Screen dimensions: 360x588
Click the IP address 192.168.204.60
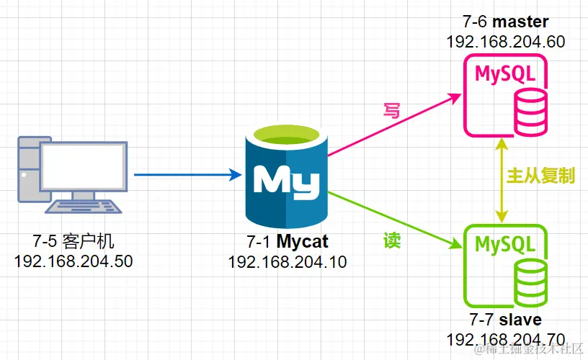pos(505,42)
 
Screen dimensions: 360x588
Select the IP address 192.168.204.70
pos(505,338)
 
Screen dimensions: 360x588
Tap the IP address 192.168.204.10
pos(288,262)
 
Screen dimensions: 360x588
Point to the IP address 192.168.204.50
pos(74,261)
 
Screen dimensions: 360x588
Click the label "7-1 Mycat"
pos(288,243)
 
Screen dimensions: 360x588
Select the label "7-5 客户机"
pos(74,241)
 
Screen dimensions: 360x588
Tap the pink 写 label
pos(391,110)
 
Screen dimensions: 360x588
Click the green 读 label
pos(391,242)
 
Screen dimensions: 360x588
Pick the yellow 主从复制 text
pos(540,177)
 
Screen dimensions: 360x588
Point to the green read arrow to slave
pos(393,220)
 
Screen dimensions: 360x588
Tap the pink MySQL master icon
pos(504,94)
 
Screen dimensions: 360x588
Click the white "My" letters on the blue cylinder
pos(286,180)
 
